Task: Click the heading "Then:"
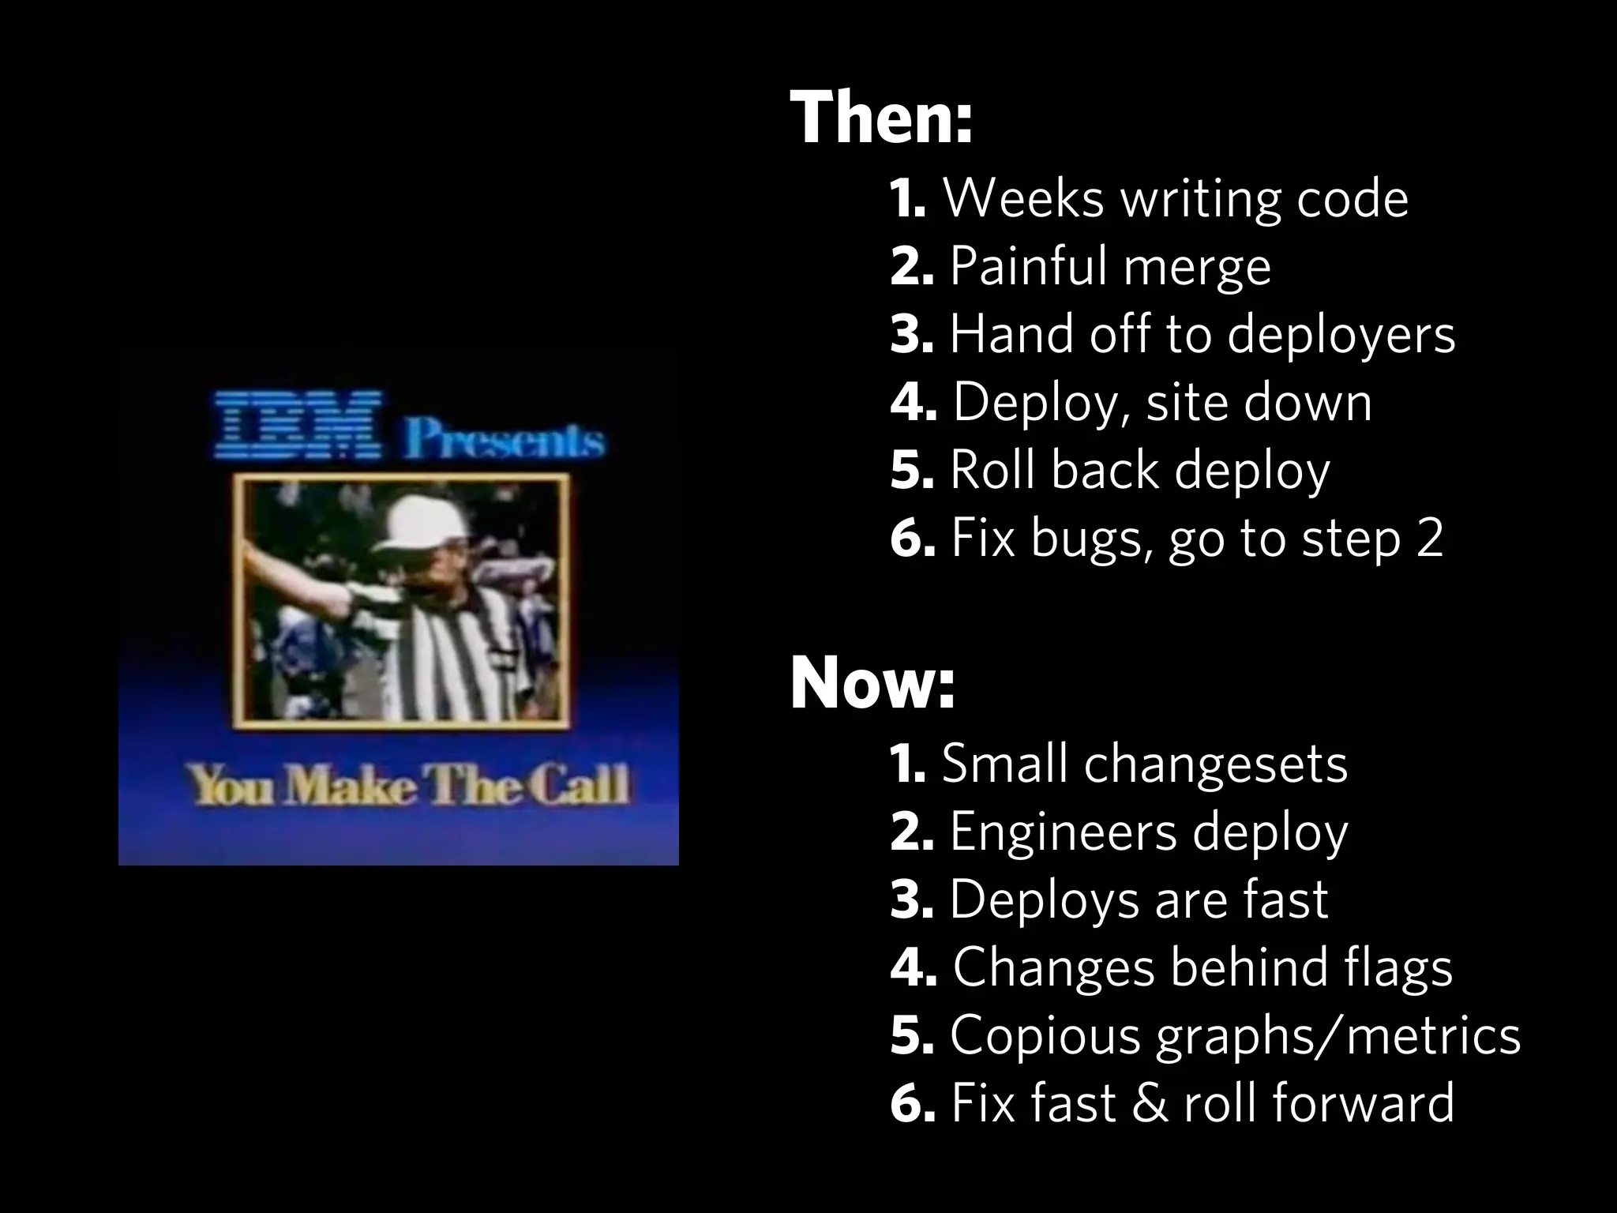click(x=880, y=118)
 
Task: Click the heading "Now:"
click(x=872, y=684)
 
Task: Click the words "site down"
click(x=1259, y=402)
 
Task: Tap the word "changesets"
click(x=1215, y=764)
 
